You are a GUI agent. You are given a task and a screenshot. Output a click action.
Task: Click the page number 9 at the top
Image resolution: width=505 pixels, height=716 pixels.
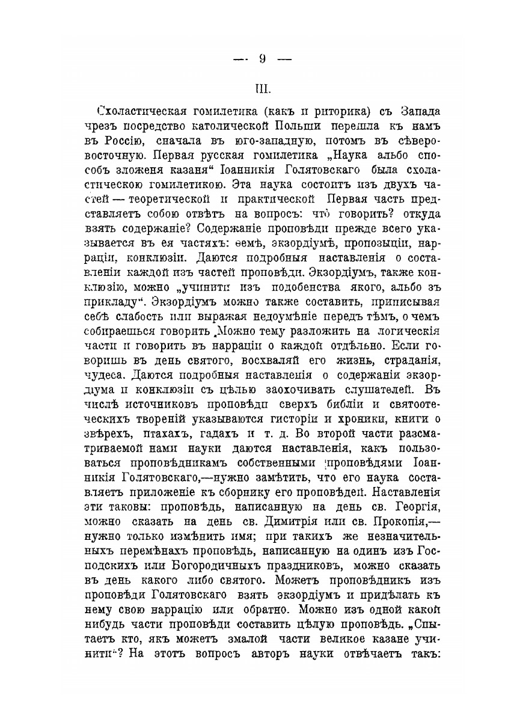(262, 58)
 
